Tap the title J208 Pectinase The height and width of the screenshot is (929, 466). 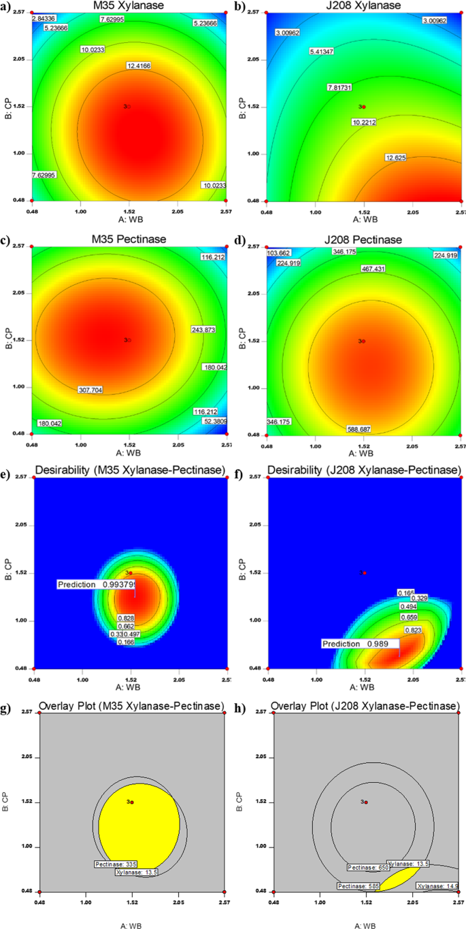365,239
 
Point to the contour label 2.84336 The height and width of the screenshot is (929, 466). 46,18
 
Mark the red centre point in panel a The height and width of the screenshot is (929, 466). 128,107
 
